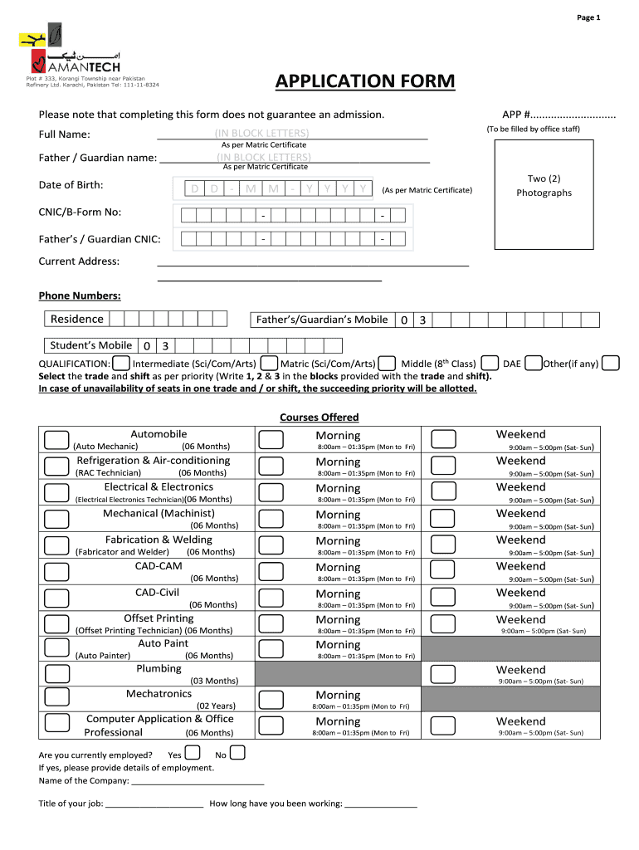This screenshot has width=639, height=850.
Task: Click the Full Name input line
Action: coord(292,135)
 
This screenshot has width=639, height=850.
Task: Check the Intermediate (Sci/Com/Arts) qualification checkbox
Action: coord(121,363)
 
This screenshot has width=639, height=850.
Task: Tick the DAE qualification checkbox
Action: coord(490,363)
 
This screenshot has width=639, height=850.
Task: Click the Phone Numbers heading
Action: coord(80,296)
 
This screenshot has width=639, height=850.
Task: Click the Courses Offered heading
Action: coord(319,418)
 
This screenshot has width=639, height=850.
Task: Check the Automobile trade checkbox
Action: coord(56,439)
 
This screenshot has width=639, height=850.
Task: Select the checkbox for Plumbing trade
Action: coord(56,673)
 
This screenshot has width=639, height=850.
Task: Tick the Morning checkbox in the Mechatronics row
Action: coord(271,699)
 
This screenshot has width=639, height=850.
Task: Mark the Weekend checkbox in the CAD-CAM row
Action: coord(443,570)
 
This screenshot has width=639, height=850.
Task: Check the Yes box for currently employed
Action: coord(193,754)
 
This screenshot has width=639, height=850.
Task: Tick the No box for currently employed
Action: coord(237,754)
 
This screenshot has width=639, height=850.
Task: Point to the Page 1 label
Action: coord(588,17)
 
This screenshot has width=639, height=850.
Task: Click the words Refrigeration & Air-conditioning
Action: coord(154,461)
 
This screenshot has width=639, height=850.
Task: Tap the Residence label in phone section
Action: coord(77,320)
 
